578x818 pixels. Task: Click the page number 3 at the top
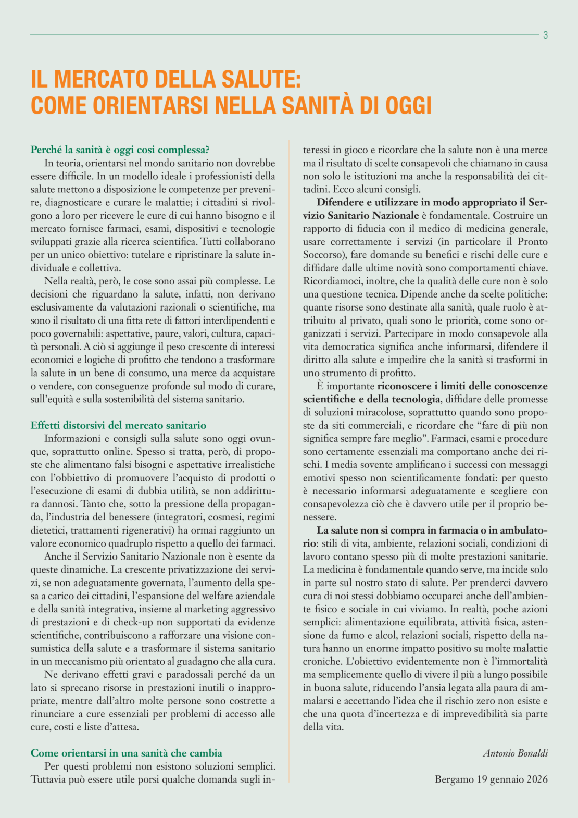pos(545,35)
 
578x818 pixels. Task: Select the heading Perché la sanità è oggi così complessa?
pos(120,150)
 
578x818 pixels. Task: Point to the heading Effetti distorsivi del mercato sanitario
pos(118,425)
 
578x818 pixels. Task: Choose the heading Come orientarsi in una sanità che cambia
pos(126,753)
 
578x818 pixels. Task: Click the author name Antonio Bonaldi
pos(515,753)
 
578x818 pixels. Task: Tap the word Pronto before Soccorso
pos(532,242)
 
